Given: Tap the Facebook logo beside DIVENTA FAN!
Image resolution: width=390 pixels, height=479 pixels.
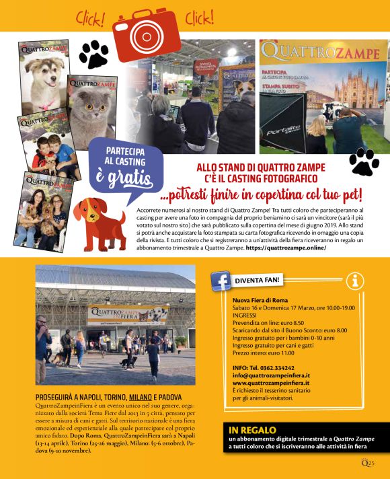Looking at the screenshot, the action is click(x=221, y=280).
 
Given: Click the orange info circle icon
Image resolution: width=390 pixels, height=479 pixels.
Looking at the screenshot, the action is click(x=355, y=281).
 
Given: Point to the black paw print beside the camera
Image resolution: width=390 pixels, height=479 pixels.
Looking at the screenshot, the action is click(x=94, y=54).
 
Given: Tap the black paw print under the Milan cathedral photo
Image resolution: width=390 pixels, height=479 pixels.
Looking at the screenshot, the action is click(x=364, y=162).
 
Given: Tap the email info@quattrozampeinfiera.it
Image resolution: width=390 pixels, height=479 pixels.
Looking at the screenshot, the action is click(x=271, y=375).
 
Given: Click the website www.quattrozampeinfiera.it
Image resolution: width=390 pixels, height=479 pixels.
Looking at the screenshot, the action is click(x=271, y=383).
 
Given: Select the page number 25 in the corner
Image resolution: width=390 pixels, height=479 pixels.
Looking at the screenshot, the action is click(x=370, y=462).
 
